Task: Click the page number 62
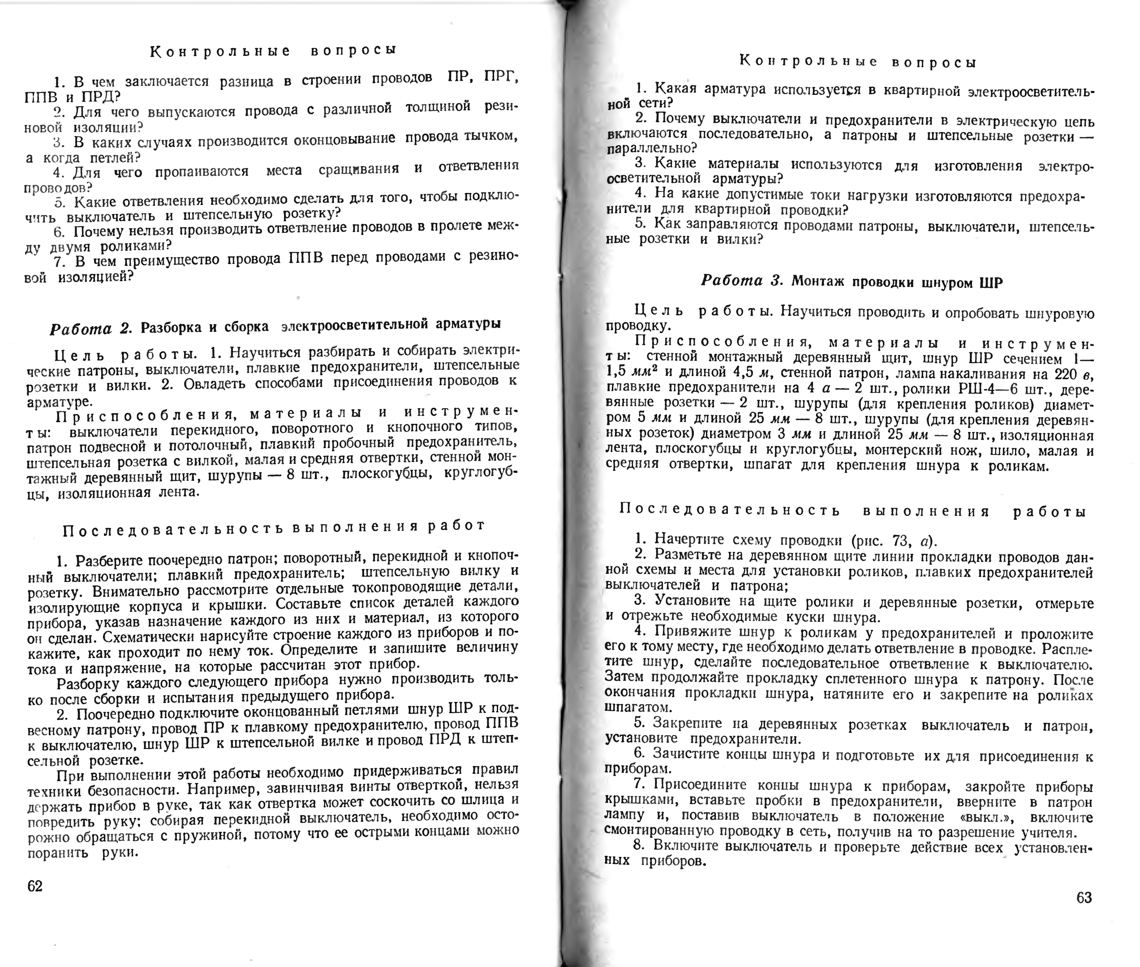click(x=35, y=886)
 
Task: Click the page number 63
click(x=1084, y=897)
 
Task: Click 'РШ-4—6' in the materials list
click(x=970, y=390)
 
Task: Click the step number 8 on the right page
click(x=638, y=845)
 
